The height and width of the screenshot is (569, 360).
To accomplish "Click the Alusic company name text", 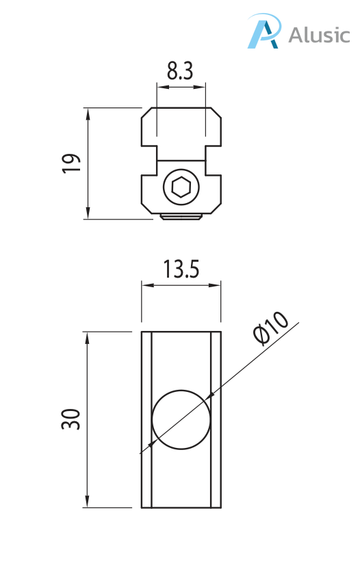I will point(318,35).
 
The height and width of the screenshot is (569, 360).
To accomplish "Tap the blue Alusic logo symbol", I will point(264,32).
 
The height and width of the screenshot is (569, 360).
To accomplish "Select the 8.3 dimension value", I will point(180,71).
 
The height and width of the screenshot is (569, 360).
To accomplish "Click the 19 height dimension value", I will point(70,163).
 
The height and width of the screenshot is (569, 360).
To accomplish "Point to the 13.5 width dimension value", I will point(181,270).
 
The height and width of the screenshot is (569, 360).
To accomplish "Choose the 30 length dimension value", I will point(70,419).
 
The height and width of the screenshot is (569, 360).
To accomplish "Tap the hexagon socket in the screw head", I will point(181,187).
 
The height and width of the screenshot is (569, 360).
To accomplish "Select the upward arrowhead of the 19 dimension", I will point(88,112).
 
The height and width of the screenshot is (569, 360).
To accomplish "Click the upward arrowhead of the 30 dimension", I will point(87,336).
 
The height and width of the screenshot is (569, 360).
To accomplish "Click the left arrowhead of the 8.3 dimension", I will point(161,87).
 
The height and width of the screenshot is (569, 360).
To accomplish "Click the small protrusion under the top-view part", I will point(181,217).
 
